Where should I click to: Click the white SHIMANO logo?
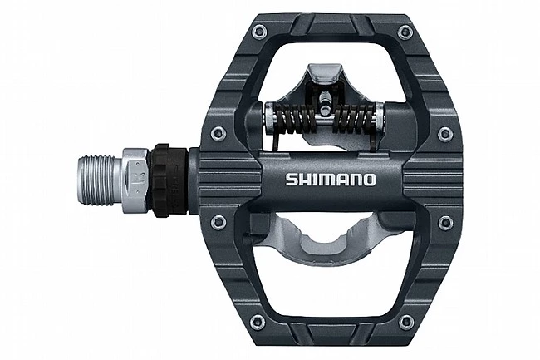tap(331, 180)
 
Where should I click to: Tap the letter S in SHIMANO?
tap(292, 180)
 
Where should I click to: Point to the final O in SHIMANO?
tap(370, 180)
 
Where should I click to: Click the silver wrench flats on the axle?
tap(135, 180)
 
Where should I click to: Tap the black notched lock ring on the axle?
tap(168, 180)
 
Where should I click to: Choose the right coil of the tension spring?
tap(355, 118)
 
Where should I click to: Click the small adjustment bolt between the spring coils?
tap(324, 103)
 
